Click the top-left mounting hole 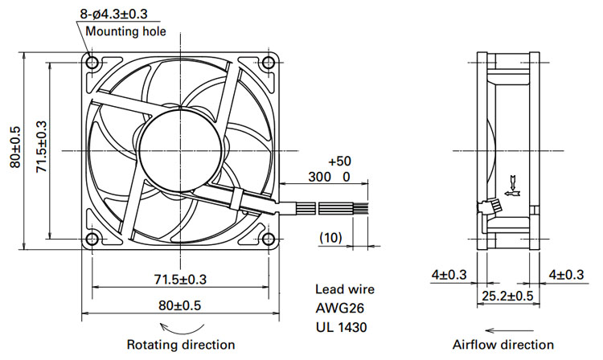tap(92, 62)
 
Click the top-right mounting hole tap(268, 62)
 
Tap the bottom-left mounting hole tap(92, 239)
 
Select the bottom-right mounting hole tap(268, 239)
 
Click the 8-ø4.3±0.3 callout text tap(113, 14)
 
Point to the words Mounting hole tap(125, 31)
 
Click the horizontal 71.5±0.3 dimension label tap(180, 280)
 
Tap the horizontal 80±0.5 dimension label tap(180, 306)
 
